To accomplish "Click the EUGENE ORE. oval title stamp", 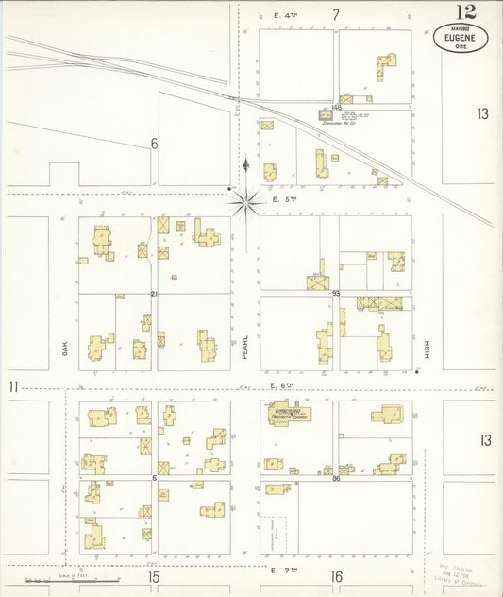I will coord(461,39).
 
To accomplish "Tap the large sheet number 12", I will coord(466,12).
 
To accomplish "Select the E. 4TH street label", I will coord(286,15).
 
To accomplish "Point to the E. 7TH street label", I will coord(284,571).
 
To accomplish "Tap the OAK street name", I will coord(65,348).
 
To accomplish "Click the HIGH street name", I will coord(427,350).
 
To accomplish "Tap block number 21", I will coord(154,294).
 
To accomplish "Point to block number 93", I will coord(336,294).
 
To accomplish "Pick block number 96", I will coord(336,478).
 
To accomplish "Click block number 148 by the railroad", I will coord(336,108).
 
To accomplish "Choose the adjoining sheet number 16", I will coord(336,576).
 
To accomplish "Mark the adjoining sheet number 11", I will coord(13,386).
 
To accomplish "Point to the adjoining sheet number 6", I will coord(153,144).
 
